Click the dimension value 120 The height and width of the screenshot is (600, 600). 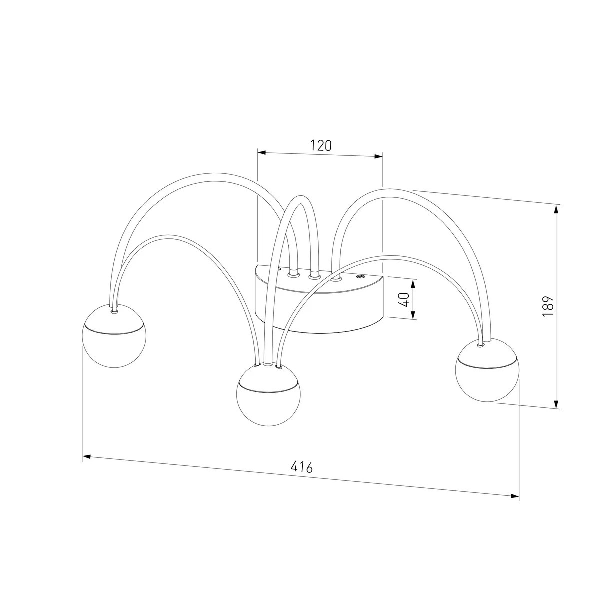[321, 146]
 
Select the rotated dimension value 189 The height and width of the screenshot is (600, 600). [548, 306]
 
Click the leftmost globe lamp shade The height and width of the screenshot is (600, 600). [114, 336]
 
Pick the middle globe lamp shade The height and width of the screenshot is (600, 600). [268, 394]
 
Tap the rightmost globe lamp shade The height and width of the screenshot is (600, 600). [487, 370]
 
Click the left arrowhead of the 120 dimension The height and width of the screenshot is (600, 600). [261, 152]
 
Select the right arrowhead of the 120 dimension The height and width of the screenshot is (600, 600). [379, 156]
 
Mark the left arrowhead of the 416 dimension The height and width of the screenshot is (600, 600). [86, 457]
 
